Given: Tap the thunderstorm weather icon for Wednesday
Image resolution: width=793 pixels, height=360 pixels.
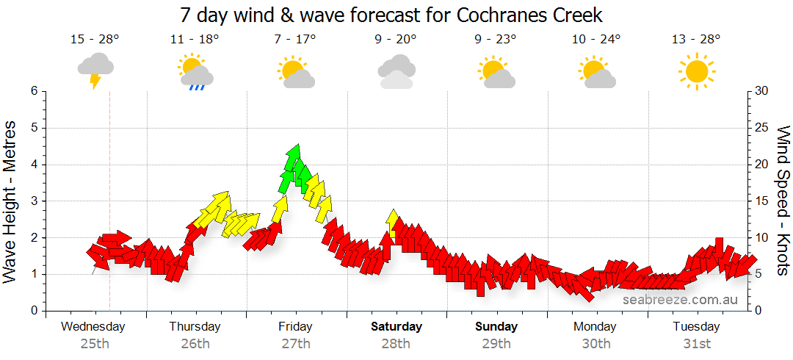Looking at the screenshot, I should pyautogui.click(x=95, y=69).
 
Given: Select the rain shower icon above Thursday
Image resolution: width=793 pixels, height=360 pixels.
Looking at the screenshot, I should pyautogui.click(x=195, y=73).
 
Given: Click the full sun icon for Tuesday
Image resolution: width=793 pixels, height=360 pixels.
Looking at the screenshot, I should pyautogui.click(x=696, y=71).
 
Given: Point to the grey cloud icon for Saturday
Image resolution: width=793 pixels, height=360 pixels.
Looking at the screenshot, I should pyautogui.click(x=396, y=71).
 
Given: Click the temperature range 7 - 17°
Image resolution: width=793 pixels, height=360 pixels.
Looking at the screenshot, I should pyautogui.click(x=296, y=39).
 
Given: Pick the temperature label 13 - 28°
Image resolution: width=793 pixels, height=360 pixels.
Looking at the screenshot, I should pyautogui.click(x=696, y=39).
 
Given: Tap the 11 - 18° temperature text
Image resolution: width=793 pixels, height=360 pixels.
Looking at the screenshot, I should pyautogui.click(x=195, y=39).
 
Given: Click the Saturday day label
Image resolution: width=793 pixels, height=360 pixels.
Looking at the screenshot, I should pyautogui.click(x=396, y=327).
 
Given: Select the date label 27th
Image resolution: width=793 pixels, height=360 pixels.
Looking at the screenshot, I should pyautogui.click(x=296, y=343).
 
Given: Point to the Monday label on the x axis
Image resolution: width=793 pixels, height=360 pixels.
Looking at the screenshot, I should pyautogui.click(x=595, y=327).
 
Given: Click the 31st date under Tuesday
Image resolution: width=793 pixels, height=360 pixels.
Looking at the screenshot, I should pyautogui.click(x=696, y=343).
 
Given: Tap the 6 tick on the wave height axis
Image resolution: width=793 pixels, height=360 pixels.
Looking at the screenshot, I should pyautogui.click(x=34, y=91).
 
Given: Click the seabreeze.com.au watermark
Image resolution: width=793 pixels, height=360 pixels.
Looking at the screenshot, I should pyautogui.click(x=680, y=300).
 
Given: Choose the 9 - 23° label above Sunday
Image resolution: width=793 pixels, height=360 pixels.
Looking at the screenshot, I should pyautogui.click(x=496, y=39).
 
